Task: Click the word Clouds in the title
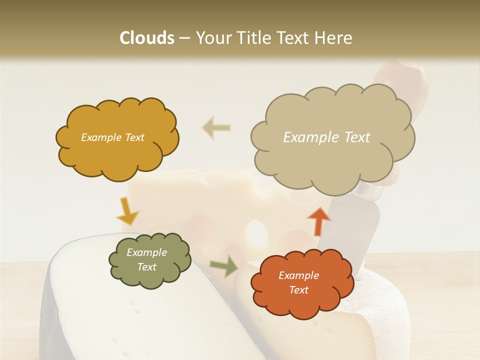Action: pos(147,38)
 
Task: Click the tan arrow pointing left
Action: pos(216,127)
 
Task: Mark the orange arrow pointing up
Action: pos(318,220)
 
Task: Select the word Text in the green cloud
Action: pos(146,267)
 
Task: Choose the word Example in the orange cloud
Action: pos(298,275)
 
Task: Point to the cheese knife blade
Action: pos(350,220)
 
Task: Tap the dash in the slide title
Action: pos(184,38)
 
